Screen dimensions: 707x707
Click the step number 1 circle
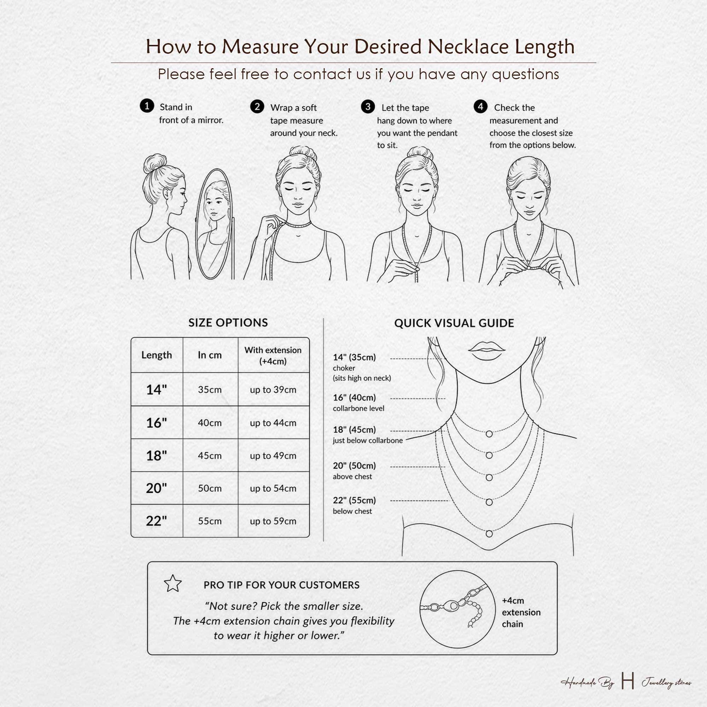pos(147,106)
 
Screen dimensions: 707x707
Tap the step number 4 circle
pos(480,106)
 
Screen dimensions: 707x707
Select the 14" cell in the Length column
pos(157,389)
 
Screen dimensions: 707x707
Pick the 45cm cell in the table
pos(210,456)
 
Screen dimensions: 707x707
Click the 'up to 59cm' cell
pos(273,521)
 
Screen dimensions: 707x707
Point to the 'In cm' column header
pos(210,355)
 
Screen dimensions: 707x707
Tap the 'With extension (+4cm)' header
pos(273,355)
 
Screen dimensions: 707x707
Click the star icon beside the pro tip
pos(173,583)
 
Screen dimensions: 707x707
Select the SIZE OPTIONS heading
pos(228,322)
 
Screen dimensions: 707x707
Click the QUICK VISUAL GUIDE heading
pos(454,323)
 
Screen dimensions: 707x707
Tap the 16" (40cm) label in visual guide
pos(354,397)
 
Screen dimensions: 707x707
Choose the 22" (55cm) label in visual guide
pos(354,500)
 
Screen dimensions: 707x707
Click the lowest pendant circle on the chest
pos(489,534)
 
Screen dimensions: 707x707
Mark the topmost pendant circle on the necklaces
pos(489,434)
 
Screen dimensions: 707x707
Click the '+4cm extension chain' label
pos(521,612)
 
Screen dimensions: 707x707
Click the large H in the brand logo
pos(627,682)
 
